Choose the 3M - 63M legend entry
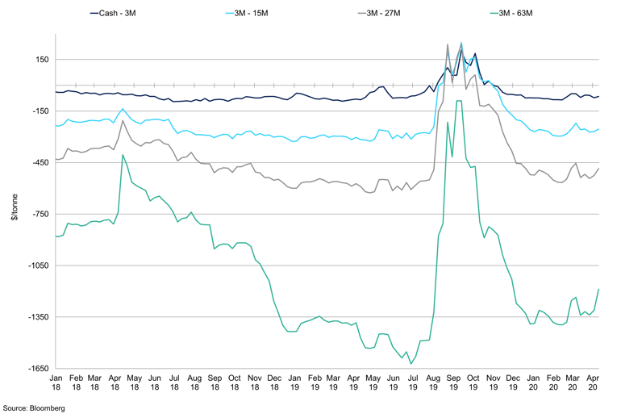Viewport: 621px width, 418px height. pos(519,13)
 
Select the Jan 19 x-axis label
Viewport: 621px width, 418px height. pos(295,382)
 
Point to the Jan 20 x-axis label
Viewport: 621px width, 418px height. pos(532,382)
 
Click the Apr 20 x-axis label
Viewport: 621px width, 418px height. pos(592,382)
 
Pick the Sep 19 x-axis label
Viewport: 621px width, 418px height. pos(453,382)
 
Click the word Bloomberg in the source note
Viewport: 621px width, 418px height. pos(48,408)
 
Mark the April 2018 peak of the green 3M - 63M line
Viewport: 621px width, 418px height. pos(123,154)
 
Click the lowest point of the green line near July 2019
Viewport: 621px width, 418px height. pos(411,364)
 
